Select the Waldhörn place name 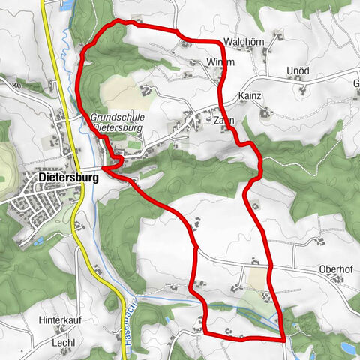241,42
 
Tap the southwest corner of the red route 206,333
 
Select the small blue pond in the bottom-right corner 348,347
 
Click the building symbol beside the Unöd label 302,89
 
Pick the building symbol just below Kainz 264,112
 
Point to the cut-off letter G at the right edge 356,82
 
